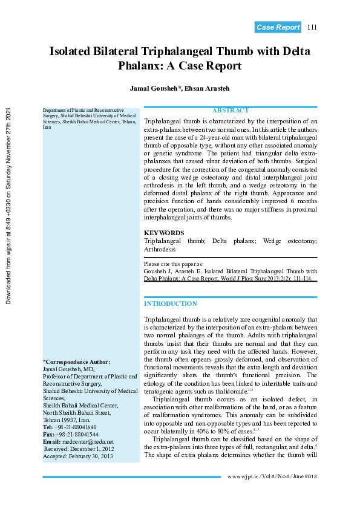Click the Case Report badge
[x=278, y=27]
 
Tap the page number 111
[x=312, y=27]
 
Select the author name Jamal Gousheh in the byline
[x=154, y=88]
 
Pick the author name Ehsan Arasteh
[x=208, y=88]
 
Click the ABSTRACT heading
[x=231, y=111]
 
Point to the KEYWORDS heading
[x=164, y=233]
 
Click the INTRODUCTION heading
[x=170, y=303]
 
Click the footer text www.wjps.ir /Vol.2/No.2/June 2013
[x=272, y=477]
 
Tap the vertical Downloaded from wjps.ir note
[x=9, y=206]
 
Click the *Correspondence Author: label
[x=76, y=361]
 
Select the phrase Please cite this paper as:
[x=174, y=264]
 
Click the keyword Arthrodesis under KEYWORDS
[x=160, y=248]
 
